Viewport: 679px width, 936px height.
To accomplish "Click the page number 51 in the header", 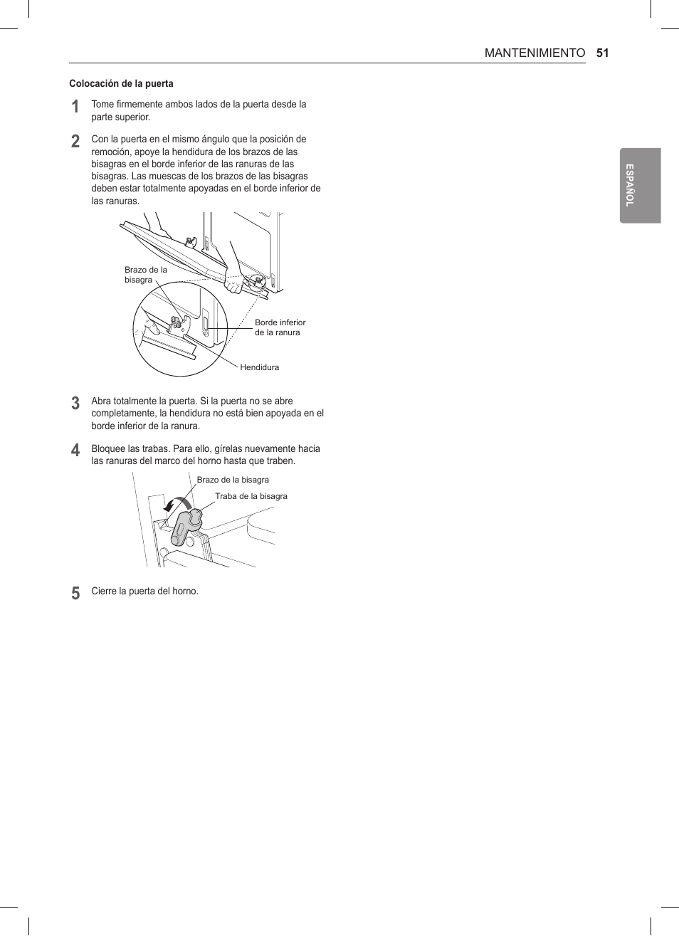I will (602, 53).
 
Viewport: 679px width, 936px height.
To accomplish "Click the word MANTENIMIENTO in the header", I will (535, 53).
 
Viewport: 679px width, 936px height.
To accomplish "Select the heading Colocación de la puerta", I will (121, 83).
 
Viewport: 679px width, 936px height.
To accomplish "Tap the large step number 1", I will (75, 107).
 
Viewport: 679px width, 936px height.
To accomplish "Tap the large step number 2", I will (75, 142).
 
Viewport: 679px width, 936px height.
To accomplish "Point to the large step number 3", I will (75, 404).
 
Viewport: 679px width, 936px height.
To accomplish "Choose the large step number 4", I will (75, 451).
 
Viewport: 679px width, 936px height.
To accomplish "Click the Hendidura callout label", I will (259, 367).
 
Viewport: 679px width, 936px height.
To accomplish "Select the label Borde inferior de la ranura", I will (280, 327).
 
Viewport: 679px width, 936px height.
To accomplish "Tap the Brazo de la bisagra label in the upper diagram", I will (145, 275).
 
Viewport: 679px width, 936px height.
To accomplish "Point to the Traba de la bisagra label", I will (251, 496).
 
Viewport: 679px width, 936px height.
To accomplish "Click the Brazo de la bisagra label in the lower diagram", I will (233, 480).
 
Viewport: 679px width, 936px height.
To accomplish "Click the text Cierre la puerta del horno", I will (144, 591).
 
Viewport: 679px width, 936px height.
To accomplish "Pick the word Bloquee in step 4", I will (108, 448).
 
